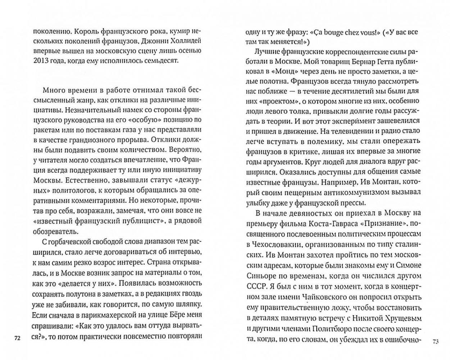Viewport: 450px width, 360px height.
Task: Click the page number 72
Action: click(17, 338)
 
